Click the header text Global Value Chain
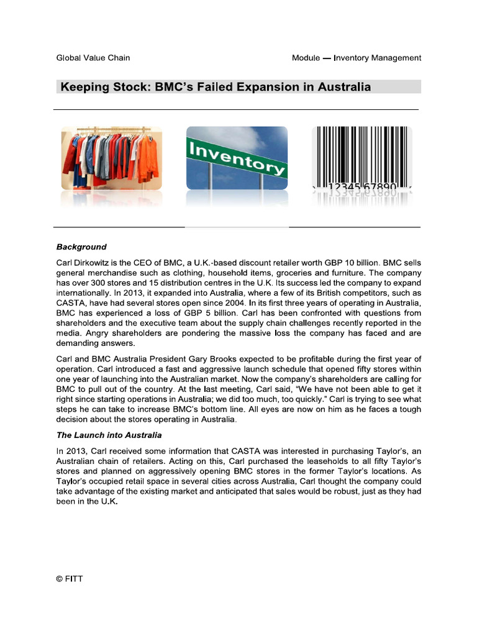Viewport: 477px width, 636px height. pos(93,58)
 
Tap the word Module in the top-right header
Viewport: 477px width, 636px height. pos(307,58)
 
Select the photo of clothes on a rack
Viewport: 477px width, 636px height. pos(112,158)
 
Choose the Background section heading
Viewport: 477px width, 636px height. pos(81,247)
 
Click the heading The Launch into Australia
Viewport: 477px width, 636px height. pos(109,435)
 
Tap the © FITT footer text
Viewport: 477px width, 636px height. pos(70,579)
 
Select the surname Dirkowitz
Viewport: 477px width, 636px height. pos(98,263)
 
